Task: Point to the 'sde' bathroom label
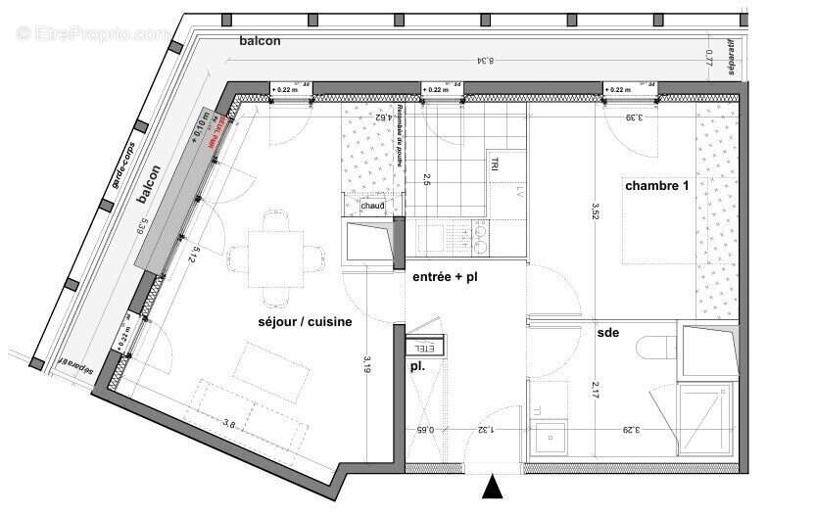pos(607,333)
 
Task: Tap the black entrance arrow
pos(494,487)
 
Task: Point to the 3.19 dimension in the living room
pos(366,365)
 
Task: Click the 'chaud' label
pos(372,207)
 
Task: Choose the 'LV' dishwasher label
pos(507,192)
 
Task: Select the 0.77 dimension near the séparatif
pos(711,59)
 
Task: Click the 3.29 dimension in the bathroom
pos(629,428)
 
